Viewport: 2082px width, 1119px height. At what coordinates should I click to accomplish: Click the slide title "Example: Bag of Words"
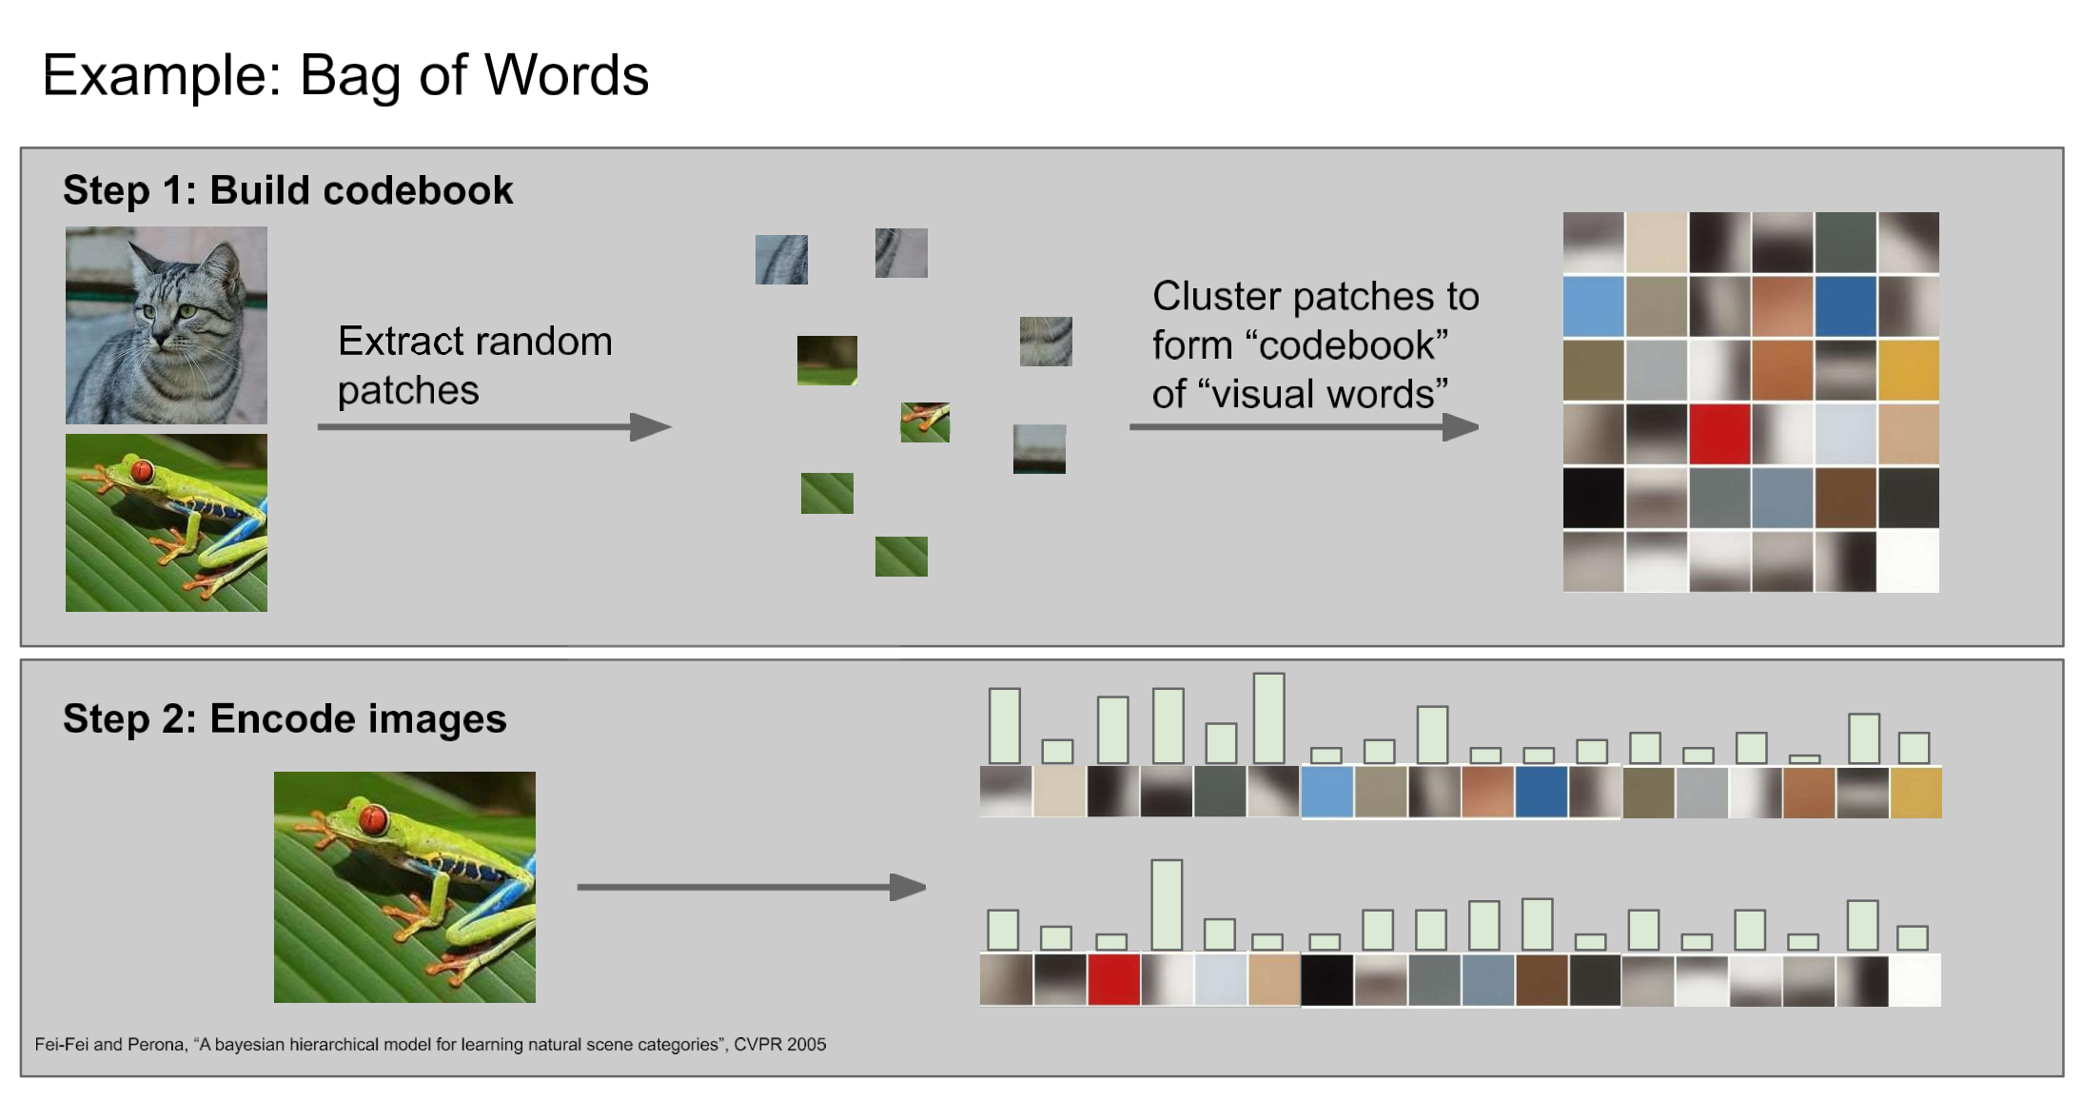click(345, 75)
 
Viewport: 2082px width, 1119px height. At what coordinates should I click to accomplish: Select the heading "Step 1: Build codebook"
click(287, 190)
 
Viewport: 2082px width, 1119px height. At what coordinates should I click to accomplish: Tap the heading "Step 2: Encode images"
click(285, 718)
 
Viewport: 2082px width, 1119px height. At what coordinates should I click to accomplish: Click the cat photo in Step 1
click(167, 324)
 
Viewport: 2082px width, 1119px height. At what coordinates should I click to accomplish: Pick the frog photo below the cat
click(167, 522)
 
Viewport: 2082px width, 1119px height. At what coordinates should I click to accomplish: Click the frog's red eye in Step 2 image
click(373, 818)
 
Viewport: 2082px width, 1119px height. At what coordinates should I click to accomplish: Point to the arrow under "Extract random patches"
click(494, 427)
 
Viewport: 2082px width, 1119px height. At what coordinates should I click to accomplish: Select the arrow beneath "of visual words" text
click(1303, 427)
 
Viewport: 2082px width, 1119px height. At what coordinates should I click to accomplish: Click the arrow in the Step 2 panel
click(751, 887)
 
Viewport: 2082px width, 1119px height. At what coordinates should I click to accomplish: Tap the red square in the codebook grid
click(1719, 434)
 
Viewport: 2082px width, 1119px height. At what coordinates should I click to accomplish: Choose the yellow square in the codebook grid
click(1908, 370)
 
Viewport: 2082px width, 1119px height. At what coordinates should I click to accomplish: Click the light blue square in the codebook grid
click(1594, 306)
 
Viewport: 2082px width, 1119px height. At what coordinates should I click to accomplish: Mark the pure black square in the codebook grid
click(1594, 498)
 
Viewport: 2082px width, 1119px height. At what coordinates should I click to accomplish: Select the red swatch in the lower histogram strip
click(1113, 980)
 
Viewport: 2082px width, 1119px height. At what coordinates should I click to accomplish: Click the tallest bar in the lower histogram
click(1167, 905)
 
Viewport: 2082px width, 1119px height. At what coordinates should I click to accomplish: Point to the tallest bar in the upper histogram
click(1269, 718)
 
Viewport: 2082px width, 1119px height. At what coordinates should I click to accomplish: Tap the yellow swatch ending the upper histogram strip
click(1915, 793)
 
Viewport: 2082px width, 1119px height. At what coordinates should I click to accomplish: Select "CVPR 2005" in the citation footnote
click(779, 1044)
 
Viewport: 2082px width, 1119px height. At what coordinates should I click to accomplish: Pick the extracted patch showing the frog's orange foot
click(925, 422)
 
